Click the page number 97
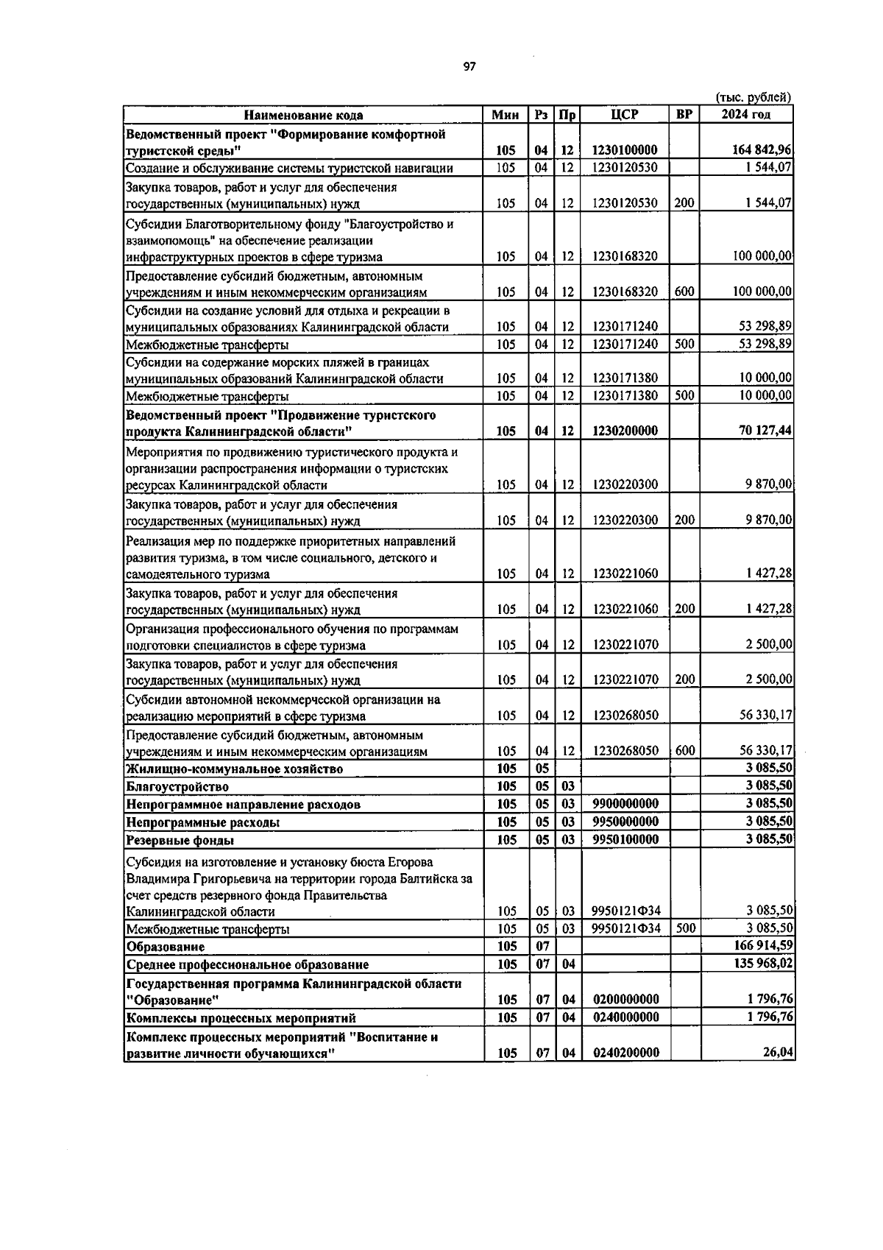coord(469,66)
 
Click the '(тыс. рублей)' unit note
coord(753,97)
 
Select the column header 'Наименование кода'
coord(303,115)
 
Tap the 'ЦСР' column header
coord(625,115)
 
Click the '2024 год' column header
coord(746,115)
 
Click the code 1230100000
coord(625,150)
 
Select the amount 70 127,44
coord(765,431)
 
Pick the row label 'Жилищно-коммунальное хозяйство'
coord(234,769)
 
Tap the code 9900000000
coord(625,804)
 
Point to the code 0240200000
coord(625,1053)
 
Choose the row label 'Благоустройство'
coord(177,787)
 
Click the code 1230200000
coord(625,431)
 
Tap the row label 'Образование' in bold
coord(166,947)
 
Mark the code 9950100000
coord(625,839)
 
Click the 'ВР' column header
coord(684,115)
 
